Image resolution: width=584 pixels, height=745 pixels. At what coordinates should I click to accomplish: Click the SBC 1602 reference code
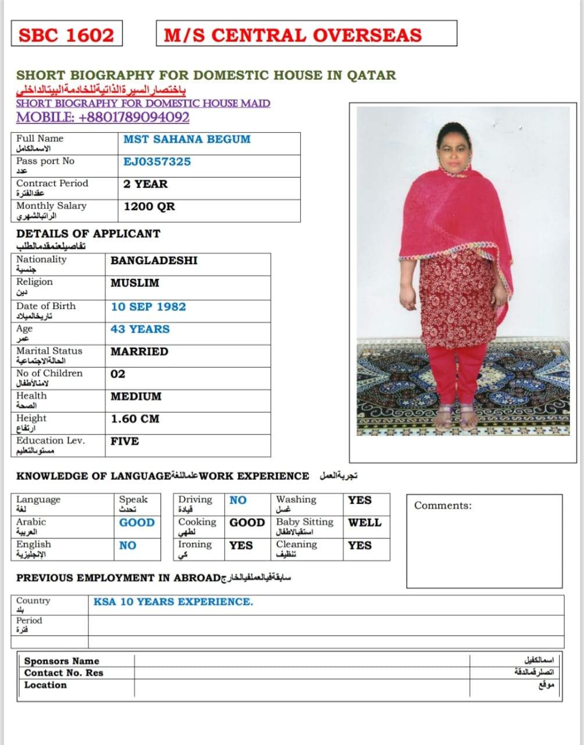pos(66,35)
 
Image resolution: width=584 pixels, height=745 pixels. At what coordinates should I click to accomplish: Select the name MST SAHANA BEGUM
pos(187,139)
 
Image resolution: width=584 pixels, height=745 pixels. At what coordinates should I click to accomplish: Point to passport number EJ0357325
pos(157,161)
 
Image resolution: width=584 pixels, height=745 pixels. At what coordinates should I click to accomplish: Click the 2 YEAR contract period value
pos(145,184)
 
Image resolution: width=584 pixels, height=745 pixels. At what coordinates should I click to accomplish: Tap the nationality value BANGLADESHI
pos(154,260)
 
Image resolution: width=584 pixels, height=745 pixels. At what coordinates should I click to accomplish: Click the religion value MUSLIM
pos(135,283)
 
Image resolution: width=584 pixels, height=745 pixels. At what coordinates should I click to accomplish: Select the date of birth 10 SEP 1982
pos(148,307)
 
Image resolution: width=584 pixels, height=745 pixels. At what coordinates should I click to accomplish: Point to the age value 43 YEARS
pos(140,329)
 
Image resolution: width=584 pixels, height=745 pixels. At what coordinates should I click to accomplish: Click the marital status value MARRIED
pos(140,352)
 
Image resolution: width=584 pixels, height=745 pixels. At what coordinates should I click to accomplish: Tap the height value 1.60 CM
pos(135,418)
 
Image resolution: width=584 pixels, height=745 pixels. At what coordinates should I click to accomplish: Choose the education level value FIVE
pos(125,441)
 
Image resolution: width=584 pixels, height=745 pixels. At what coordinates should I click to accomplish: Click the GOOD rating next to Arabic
pos(137,523)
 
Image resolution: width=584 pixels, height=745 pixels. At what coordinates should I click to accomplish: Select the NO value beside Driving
pos(238,500)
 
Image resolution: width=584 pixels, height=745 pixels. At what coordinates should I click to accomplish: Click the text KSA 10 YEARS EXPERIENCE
pos(173,602)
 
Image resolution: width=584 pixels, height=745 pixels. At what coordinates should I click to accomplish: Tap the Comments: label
pos(443,506)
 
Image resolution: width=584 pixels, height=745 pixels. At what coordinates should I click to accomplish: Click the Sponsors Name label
pos(62,661)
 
